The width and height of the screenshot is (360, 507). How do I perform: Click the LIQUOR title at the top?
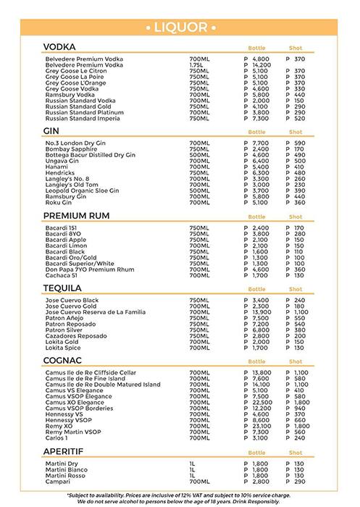(x=180, y=28)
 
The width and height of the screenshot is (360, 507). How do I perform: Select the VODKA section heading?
(x=60, y=47)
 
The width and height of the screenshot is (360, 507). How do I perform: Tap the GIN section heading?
(x=51, y=132)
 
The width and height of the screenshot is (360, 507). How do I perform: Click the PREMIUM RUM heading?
(x=77, y=216)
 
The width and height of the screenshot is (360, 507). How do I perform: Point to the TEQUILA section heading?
(x=63, y=288)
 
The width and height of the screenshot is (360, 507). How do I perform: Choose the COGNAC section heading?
(x=64, y=360)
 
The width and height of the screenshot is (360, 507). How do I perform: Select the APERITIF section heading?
(x=65, y=449)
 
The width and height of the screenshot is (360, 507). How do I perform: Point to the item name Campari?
(x=56, y=481)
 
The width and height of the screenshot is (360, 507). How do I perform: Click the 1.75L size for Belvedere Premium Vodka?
(x=198, y=65)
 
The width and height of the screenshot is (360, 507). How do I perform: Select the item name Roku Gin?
(x=57, y=203)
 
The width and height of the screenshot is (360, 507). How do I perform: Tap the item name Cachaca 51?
(x=61, y=275)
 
